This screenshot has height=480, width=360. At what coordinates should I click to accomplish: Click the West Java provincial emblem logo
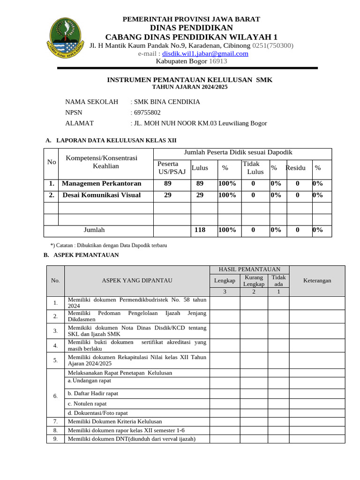[x=67, y=37]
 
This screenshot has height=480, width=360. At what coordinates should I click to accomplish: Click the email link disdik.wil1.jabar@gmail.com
[x=205, y=53]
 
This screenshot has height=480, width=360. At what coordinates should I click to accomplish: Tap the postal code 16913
[x=217, y=61]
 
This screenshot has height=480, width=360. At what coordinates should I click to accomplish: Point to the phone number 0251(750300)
[x=273, y=45]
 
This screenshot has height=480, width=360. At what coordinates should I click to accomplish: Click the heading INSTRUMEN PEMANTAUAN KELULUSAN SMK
[x=190, y=80]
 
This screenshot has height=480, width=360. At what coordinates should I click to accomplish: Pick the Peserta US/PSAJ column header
[x=172, y=168]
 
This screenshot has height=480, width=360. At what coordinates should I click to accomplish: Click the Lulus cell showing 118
[x=200, y=230]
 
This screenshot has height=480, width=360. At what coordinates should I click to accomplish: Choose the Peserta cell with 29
[x=167, y=195]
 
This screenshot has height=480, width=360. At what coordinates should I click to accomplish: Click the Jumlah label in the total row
[x=94, y=230]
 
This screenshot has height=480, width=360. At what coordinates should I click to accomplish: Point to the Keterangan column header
[x=317, y=281]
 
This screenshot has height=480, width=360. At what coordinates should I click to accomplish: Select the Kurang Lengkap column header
[x=254, y=281]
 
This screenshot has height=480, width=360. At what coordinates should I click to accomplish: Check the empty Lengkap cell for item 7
[x=225, y=421]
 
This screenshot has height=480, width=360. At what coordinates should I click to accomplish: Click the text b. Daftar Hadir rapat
[x=93, y=393]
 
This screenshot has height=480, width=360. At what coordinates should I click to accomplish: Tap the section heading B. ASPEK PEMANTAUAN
[x=81, y=255]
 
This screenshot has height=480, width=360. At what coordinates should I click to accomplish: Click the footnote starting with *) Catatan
[x=108, y=245]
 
